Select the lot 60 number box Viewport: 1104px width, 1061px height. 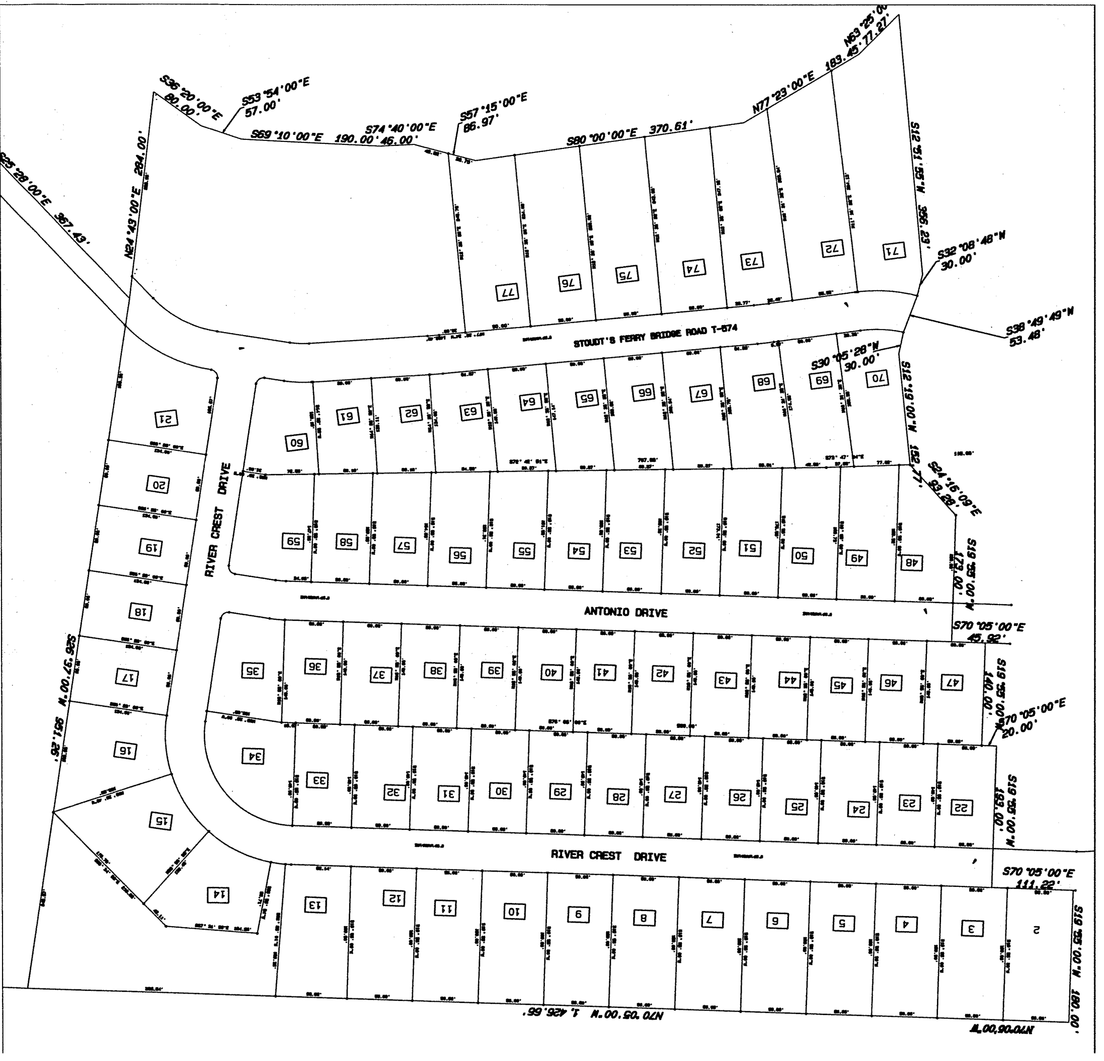296,443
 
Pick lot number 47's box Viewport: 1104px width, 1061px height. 952,683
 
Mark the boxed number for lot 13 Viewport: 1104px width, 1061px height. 316,905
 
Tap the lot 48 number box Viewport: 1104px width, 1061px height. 911,563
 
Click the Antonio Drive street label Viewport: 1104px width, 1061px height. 626,612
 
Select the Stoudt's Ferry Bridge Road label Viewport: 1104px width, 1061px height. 655,336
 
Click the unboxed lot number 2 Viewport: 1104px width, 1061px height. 1035,931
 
